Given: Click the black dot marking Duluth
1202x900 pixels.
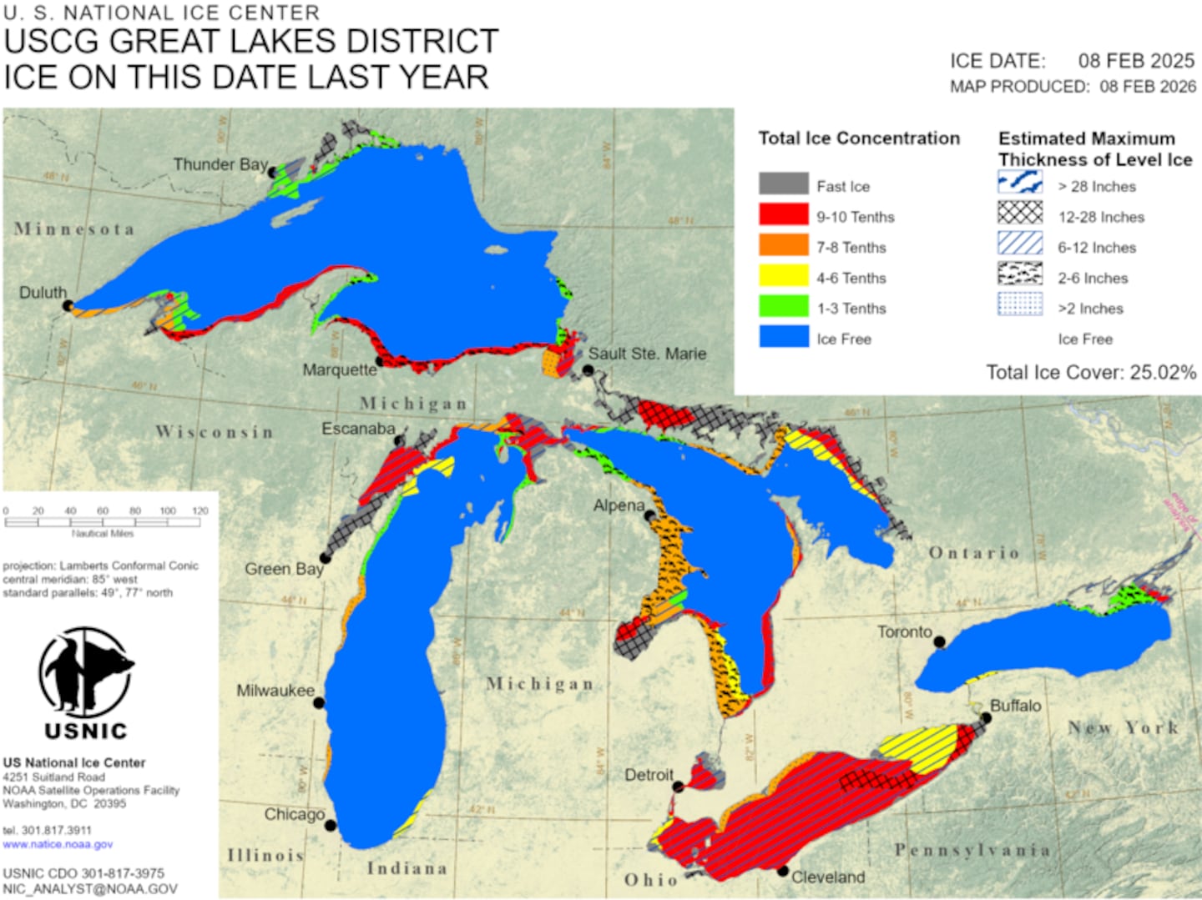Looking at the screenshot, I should pyautogui.click(x=68, y=306).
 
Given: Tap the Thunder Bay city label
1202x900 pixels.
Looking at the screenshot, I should pyautogui.click(x=220, y=164).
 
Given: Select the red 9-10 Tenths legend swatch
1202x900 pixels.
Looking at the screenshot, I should pyautogui.click(x=783, y=215).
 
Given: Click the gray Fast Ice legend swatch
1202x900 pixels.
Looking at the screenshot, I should pyautogui.click(x=783, y=184).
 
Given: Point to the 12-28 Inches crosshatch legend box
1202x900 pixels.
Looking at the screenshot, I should pyautogui.click(x=1020, y=214).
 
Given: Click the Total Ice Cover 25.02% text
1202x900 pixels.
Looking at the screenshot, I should pyautogui.click(x=1090, y=372).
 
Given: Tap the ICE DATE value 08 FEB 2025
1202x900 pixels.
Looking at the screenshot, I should pyautogui.click(x=1136, y=61).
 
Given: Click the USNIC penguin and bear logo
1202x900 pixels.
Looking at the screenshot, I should pyautogui.click(x=85, y=674).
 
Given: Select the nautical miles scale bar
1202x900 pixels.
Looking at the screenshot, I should pyautogui.click(x=103, y=522).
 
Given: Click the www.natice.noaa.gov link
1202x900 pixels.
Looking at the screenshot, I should pyautogui.click(x=58, y=844).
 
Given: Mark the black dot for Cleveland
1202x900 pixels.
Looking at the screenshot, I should pyautogui.click(x=783, y=871).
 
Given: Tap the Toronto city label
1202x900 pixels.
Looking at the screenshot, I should pyautogui.click(x=904, y=632).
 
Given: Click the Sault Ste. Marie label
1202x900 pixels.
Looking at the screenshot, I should pyautogui.click(x=647, y=354).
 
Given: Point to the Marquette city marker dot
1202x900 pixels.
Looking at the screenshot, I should pyautogui.click(x=380, y=361).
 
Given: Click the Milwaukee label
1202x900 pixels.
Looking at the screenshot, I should pyautogui.click(x=275, y=691).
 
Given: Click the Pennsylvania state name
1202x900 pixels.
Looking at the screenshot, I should pyautogui.click(x=972, y=850).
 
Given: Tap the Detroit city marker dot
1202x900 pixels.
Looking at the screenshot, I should pyautogui.click(x=679, y=787).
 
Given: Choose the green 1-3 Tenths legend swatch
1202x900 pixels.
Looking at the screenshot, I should pyautogui.click(x=783, y=306).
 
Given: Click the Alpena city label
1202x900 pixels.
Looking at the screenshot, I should pyautogui.click(x=619, y=505).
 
